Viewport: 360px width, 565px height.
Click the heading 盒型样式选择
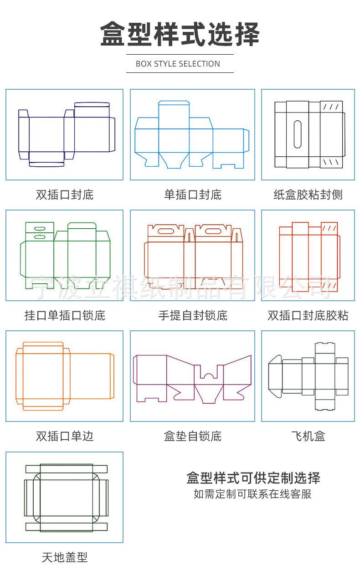pos(180,34)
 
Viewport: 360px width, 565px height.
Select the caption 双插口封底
pos(64,195)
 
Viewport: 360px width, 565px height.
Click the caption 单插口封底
pos(192,195)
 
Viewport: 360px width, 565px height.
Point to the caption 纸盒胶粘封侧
pos(308,195)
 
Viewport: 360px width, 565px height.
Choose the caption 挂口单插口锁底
pos(64,315)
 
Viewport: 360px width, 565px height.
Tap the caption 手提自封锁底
pos(192,315)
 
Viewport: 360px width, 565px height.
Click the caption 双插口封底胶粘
pos(308,315)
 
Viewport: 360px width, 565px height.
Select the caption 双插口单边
pos(64,436)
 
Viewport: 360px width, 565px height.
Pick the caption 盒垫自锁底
pos(192,436)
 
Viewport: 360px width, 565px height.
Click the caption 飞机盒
pos(308,436)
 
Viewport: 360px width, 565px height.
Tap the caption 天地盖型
pos(64,557)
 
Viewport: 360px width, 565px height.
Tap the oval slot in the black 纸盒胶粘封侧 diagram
pos(298,134)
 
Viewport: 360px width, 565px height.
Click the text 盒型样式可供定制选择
pos(253,478)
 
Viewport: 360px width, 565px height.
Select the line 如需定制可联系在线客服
pos(253,494)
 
